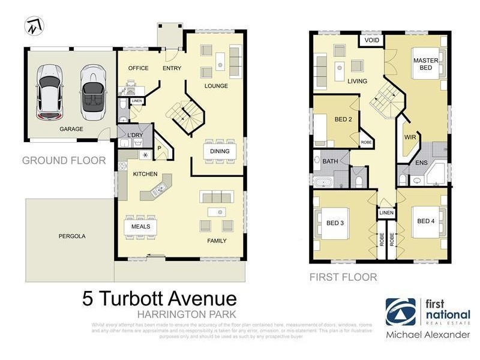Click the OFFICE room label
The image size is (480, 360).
(x=139, y=68)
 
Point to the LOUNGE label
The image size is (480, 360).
(x=216, y=86)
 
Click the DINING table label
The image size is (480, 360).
(x=220, y=151)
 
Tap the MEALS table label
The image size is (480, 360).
(x=140, y=227)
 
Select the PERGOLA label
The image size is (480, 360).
(x=71, y=236)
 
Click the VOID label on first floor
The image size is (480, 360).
(x=372, y=41)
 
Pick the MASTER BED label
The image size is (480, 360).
(x=425, y=64)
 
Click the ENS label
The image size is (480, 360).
(x=422, y=162)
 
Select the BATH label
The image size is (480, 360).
(x=330, y=161)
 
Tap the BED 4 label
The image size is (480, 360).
(x=426, y=221)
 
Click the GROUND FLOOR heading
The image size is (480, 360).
(x=64, y=160)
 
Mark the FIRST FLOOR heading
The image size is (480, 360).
(x=343, y=277)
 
